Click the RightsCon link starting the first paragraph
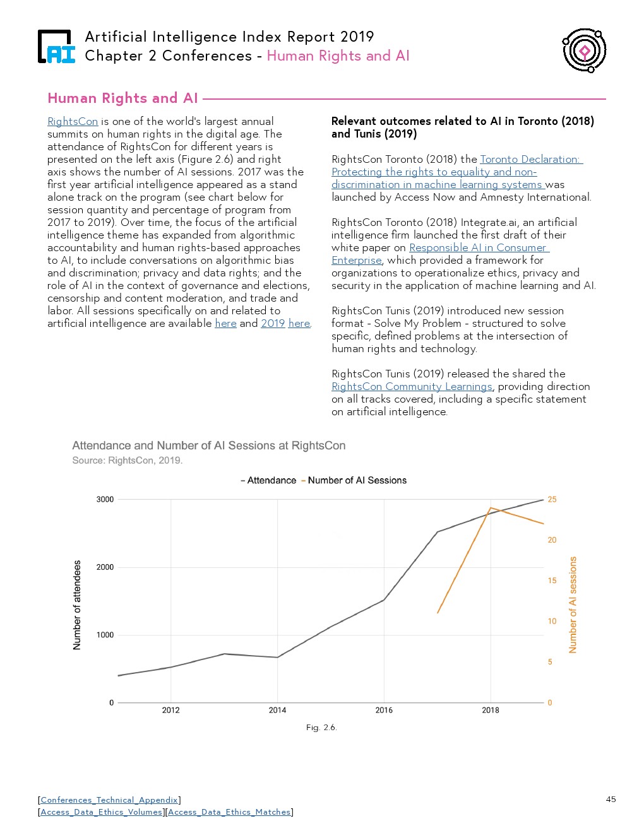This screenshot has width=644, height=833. [x=73, y=121]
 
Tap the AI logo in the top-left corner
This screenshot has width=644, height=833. [x=56, y=47]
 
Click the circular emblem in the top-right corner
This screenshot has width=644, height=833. [x=585, y=50]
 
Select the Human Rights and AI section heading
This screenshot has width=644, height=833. [x=122, y=98]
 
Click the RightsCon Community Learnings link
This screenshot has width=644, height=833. [x=412, y=386]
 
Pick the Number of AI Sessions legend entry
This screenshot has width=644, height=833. [x=357, y=480]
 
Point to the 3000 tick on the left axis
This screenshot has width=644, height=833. [x=105, y=499]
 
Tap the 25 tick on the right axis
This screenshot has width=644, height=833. [x=552, y=499]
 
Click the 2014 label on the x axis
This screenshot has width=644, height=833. [x=277, y=710]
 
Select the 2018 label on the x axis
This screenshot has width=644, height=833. [x=491, y=710]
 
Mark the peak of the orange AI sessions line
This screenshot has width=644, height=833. [x=491, y=507]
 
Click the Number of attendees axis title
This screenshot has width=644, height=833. [x=77, y=605]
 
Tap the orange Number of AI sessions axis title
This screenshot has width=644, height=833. [x=573, y=605]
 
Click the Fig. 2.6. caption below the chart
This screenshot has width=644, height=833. [x=321, y=728]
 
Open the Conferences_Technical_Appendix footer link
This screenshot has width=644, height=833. [x=109, y=800]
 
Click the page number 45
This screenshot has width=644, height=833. [x=611, y=800]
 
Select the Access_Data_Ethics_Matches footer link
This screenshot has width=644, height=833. [x=229, y=812]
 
